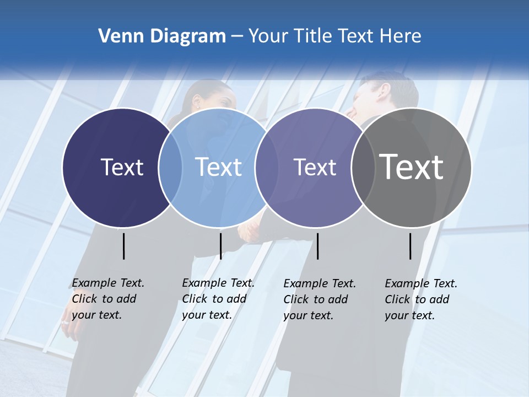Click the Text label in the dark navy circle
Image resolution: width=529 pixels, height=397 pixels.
click(122, 167)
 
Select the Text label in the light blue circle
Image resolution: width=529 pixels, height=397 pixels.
click(218, 167)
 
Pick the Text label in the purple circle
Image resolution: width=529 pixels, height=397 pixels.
click(315, 167)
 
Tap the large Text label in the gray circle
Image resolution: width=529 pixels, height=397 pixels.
click(411, 167)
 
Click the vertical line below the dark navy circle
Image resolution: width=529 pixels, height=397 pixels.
click(124, 246)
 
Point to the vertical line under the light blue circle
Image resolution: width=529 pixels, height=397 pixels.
click(220, 246)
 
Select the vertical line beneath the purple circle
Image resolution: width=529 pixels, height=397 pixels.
click(317, 246)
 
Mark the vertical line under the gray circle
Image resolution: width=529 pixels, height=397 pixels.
click(411, 246)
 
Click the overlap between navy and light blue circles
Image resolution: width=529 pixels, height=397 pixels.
click(170, 168)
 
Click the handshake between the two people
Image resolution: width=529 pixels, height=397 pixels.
click(251, 232)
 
